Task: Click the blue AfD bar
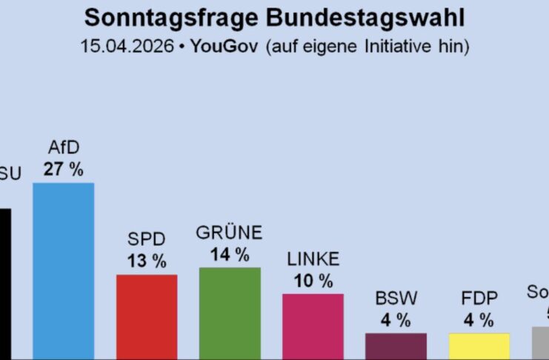tap(63, 270)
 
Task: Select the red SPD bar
tap(147, 316)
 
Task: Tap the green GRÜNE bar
tap(230, 313)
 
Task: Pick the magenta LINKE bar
tap(313, 326)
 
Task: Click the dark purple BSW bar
tap(396, 346)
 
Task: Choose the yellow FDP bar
tap(479, 346)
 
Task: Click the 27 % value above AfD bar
tap(63, 169)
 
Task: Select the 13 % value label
tap(147, 261)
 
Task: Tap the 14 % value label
tap(230, 255)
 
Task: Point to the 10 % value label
tap(313, 281)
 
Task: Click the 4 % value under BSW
tap(396, 320)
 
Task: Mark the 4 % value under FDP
tap(479, 320)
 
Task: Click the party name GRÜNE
tap(230, 233)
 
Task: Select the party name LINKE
tap(313, 259)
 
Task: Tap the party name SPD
tap(147, 240)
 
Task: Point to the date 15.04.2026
tap(127, 46)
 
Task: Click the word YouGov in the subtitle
tap(224, 46)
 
